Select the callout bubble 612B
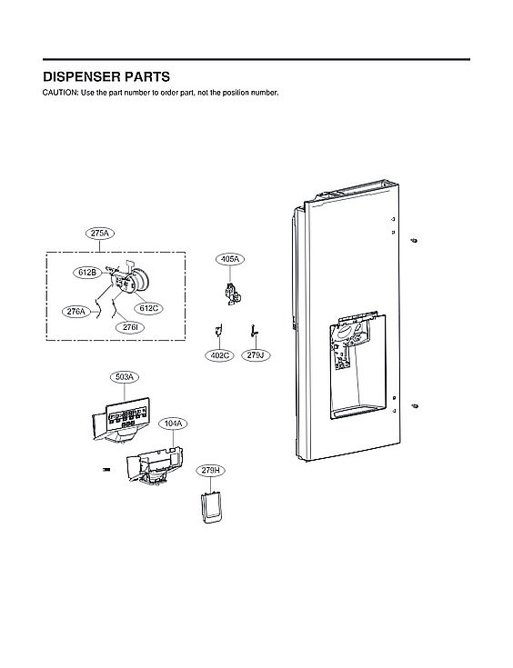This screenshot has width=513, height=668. pyautogui.click(x=87, y=272)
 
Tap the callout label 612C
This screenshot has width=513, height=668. pyautogui.click(x=149, y=308)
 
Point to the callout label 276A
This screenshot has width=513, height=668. pyautogui.click(x=77, y=312)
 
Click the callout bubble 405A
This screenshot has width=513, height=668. pyautogui.click(x=229, y=259)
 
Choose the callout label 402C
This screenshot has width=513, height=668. pyautogui.click(x=219, y=355)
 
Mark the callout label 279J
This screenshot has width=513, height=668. pyautogui.click(x=256, y=355)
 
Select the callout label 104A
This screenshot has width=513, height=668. pyautogui.click(x=172, y=424)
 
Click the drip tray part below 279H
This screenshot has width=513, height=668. pyautogui.click(x=211, y=507)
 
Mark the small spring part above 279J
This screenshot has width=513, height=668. pyautogui.click(x=255, y=330)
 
